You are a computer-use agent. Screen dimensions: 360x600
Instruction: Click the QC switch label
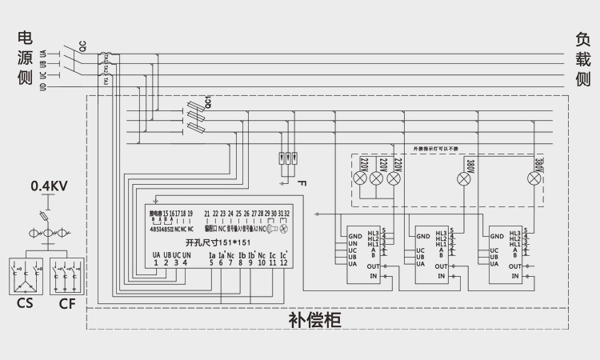click(x=82, y=46)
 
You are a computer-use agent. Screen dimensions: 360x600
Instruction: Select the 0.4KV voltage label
click(x=49, y=186)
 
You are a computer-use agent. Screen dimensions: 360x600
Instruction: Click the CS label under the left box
click(x=26, y=304)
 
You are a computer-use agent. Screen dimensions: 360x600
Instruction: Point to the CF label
click(x=68, y=304)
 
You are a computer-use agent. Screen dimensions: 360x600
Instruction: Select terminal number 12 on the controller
click(x=283, y=262)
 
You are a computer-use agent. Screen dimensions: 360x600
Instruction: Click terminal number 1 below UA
click(x=157, y=262)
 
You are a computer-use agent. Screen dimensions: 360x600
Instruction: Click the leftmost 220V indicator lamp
click(x=362, y=179)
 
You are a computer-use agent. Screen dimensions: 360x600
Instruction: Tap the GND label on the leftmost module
click(x=354, y=236)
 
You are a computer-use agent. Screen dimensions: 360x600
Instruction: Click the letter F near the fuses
click(x=301, y=184)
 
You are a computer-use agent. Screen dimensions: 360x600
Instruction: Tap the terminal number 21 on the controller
click(x=207, y=214)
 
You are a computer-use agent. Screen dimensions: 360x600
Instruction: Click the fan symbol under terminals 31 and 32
click(x=284, y=228)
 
